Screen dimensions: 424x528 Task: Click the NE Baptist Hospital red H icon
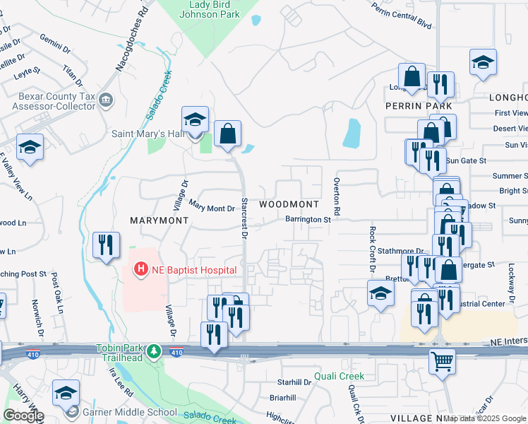(x=141, y=269)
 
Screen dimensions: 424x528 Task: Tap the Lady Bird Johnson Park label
(x=210, y=8)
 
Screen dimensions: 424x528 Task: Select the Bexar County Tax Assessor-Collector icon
(x=106, y=100)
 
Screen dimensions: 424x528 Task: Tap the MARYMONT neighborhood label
(x=159, y=220)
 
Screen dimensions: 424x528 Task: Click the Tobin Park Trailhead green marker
(x=155, y=351)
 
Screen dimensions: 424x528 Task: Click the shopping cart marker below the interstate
(x=442, y=361)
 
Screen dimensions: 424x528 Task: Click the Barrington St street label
(x=308, y=220)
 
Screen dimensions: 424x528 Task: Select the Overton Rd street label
(x=337, y=198)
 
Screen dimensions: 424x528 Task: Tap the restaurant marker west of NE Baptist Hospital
(x=106, y=245)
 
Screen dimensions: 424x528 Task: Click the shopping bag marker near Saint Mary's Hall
(x=227, y=133)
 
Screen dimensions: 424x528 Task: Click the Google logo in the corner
(x=23, y=416)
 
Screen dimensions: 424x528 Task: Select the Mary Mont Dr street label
(x=211, y=207)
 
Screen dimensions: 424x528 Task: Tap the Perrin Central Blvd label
(x=400, y=13)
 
